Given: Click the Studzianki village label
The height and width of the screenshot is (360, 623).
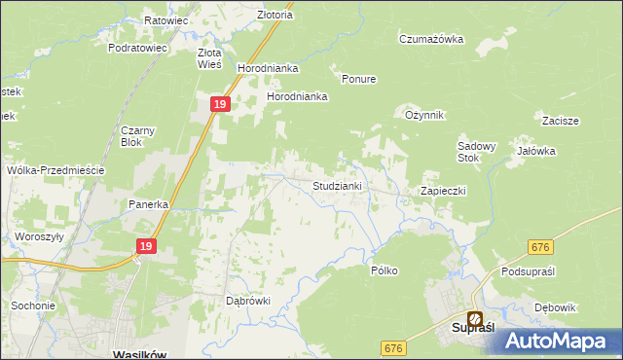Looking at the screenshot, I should (338, 185).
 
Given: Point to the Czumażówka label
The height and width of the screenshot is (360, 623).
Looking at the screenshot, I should (431, 39).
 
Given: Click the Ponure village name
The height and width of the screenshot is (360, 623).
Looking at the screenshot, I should (358, 79).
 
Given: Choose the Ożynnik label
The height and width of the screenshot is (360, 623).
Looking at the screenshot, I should (424, 115).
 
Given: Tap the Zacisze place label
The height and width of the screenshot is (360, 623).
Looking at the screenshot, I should (562, 121).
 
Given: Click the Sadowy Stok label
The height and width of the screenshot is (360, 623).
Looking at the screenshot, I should (477, 152).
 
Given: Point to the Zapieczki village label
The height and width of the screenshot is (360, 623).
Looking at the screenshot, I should (443, 191).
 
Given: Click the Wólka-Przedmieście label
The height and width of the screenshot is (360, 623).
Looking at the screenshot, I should (55, 169).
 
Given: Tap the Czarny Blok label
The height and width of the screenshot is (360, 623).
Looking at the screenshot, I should (138, 135).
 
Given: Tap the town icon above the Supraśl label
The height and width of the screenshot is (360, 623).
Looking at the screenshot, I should (475, 317).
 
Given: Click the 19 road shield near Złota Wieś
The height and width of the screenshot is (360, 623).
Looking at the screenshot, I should (221, 104).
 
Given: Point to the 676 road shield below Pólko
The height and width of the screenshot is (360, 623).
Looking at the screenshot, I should (392, 347).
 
